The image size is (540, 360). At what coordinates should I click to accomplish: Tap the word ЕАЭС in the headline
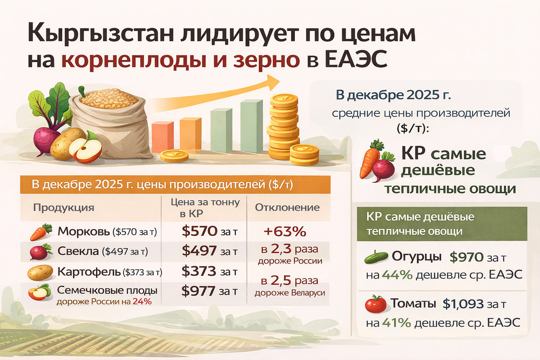[x=356, y=59]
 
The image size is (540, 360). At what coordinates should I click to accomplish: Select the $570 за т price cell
[x=210, y=232]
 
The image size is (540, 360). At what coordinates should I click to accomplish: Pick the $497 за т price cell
[x=210, y=251]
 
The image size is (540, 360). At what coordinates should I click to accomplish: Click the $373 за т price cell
[x=210, y=271]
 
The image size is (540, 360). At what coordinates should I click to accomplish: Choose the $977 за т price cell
[x=210, y=291]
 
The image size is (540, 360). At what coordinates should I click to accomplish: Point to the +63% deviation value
[x=285, y=232]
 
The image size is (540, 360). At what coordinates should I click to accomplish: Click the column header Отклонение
[x=287, y=208]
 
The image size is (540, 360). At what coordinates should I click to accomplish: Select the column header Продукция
[x=64, y=208]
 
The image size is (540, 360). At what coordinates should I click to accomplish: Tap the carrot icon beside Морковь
[x=41, y=232]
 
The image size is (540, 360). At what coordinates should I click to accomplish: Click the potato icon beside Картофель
[x=40, y=273]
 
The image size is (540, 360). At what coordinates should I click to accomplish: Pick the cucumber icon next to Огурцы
[x=376, y=257]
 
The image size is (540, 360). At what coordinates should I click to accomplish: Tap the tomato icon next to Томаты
[x=376, y=304]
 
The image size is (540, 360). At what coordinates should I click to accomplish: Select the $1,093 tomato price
[x=463, y=304]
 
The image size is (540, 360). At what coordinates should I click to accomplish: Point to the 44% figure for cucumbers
[x=397, y=275]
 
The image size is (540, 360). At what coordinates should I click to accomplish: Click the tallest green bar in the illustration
[x=252, y=126]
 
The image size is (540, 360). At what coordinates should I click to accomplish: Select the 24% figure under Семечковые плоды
[x=142, y=302]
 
